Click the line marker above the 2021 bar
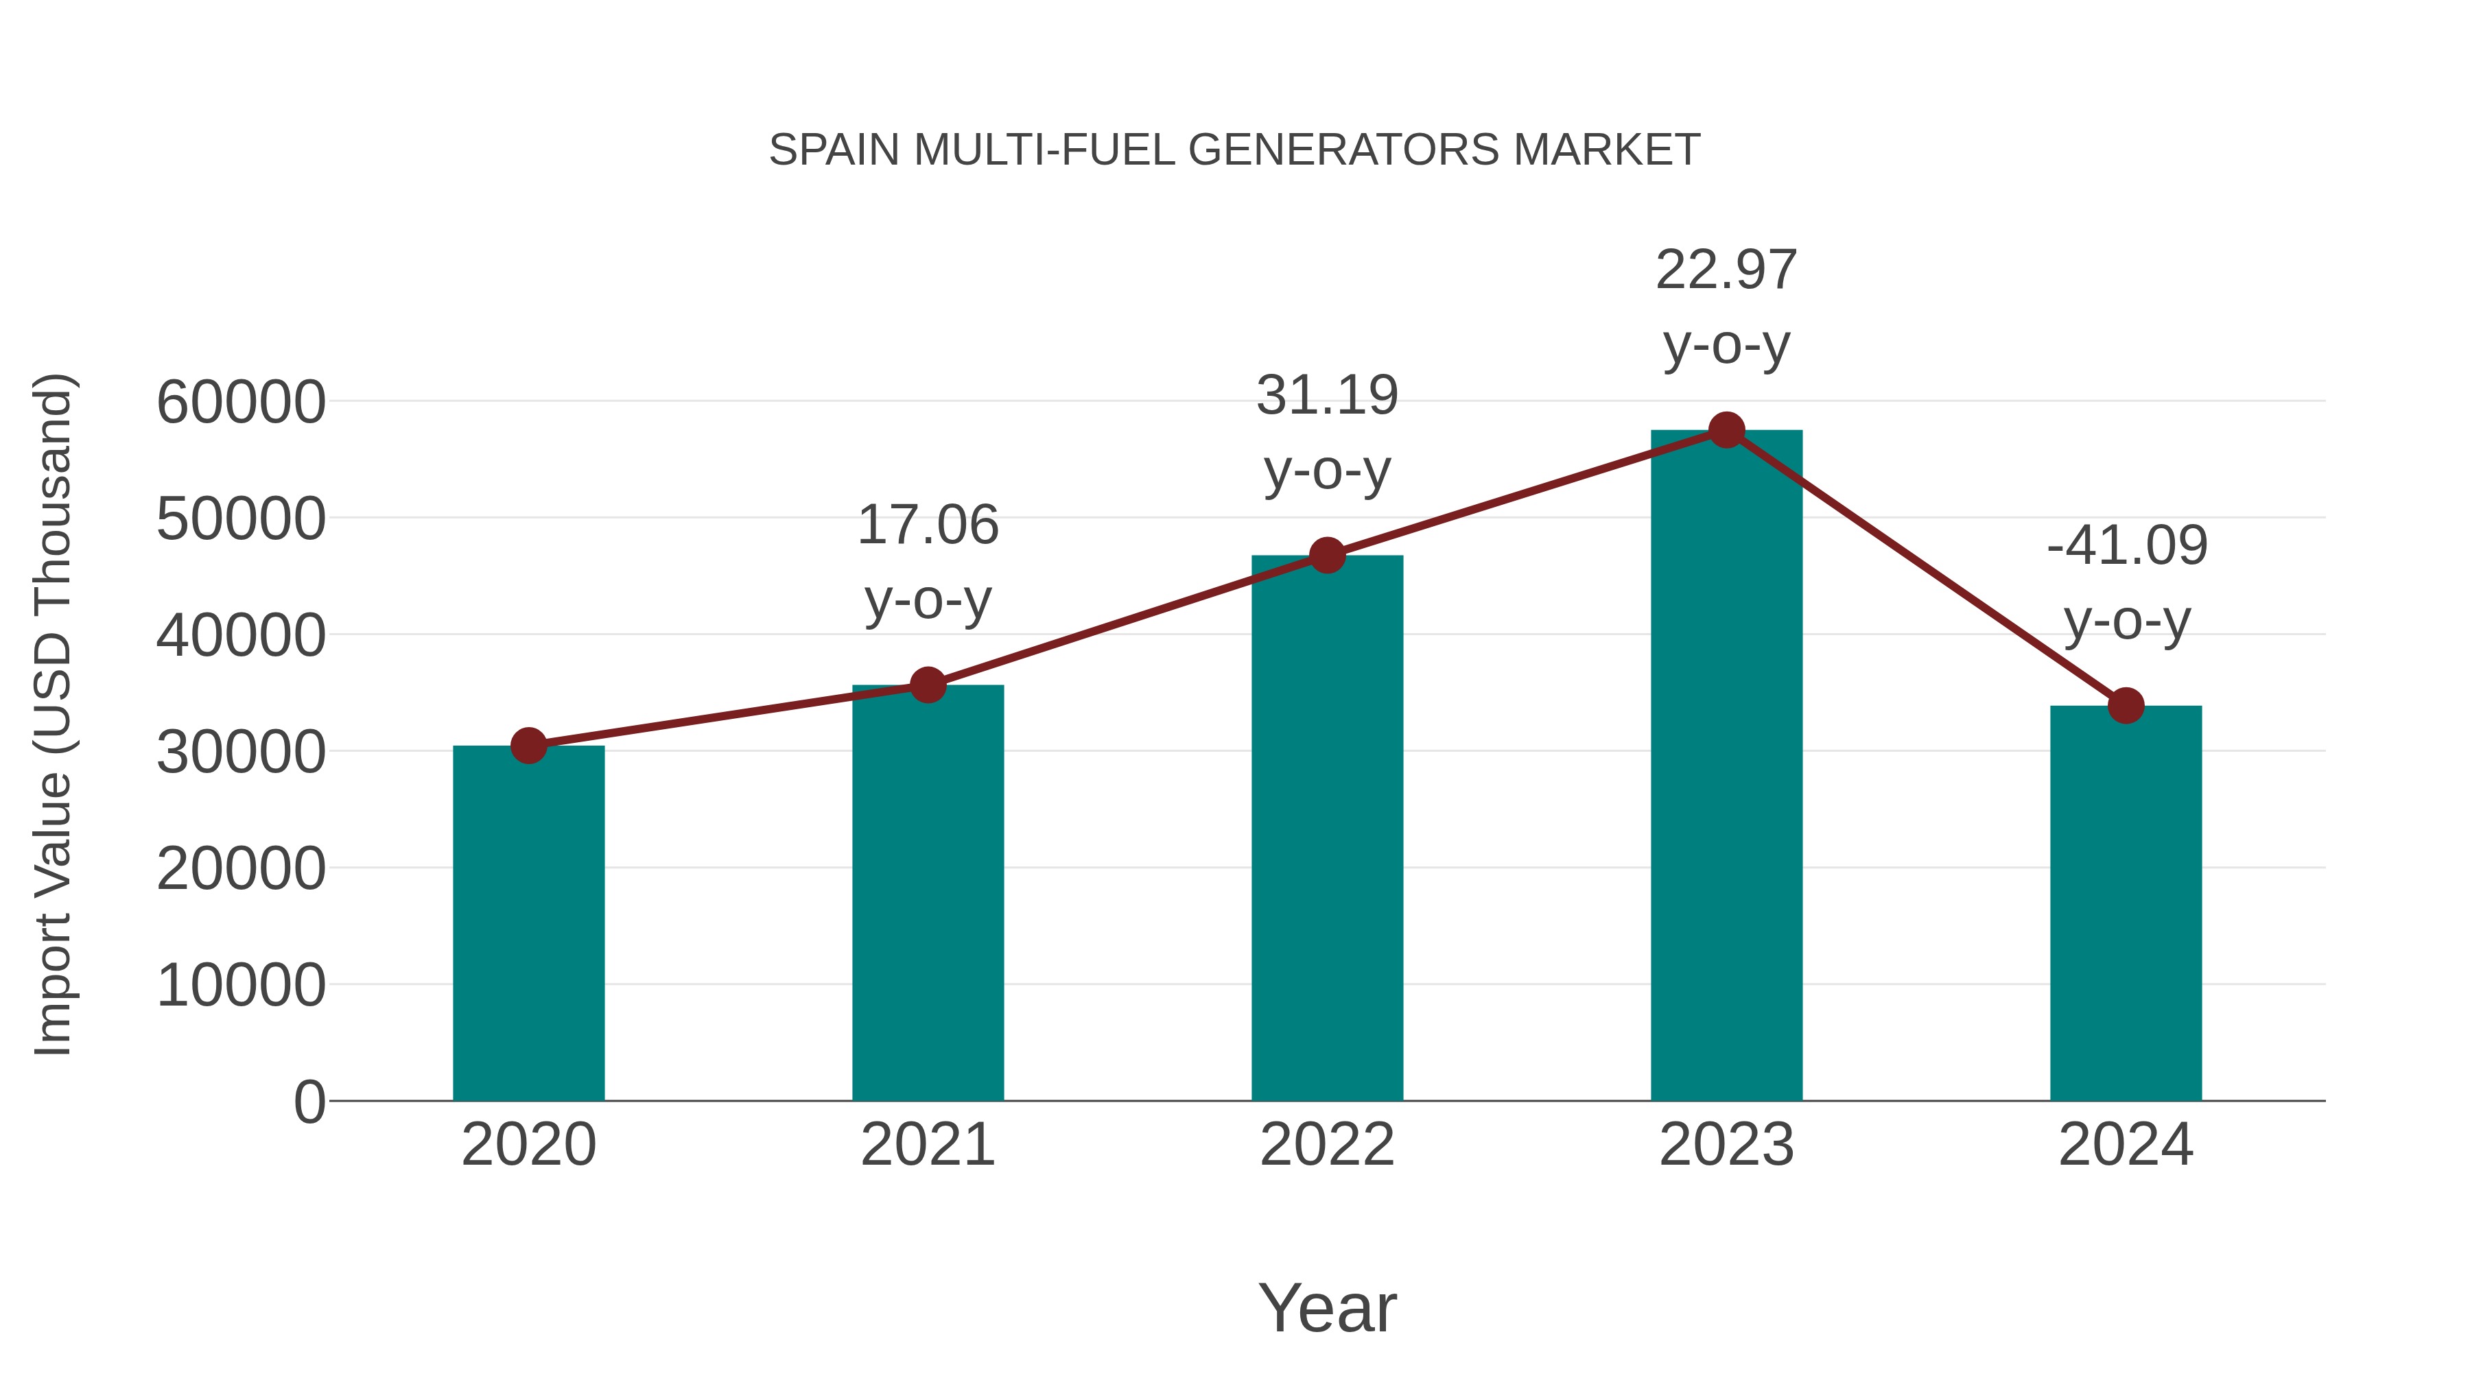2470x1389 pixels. [927, 685]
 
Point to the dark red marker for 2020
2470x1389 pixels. [528, 745]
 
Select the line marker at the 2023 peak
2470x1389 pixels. [1726, 430]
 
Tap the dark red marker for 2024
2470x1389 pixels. [2126, 706]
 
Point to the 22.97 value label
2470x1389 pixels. [1726, 270]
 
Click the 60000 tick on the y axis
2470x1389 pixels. [241, 402]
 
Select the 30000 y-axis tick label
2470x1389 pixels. [241, 752]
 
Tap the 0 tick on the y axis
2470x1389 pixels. [309, 1102]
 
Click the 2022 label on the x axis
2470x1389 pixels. [1327, 1145]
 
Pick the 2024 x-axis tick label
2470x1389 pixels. [2126, 1145]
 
